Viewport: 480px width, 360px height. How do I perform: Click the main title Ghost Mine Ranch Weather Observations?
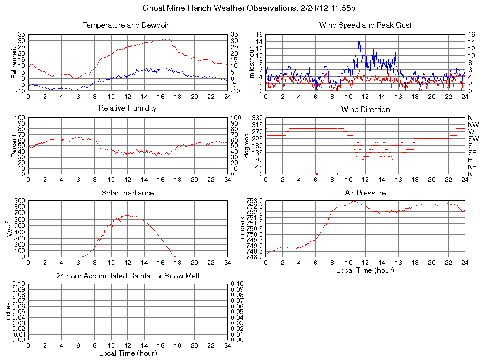[x=252, y=8]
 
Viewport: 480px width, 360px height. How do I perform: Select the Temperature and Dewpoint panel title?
[x=127, y=25]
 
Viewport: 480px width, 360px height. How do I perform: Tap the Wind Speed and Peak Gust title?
[x=365, y=25]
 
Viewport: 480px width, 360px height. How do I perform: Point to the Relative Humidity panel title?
[x=127, y=108]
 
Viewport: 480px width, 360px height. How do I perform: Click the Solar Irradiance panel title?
[x=127, y=193]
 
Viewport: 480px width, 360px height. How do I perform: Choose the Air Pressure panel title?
[x=365, y=193]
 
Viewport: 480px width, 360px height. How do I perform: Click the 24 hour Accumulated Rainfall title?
[x=127, y=276]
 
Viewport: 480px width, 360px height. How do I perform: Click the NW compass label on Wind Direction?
[x=473, y=125]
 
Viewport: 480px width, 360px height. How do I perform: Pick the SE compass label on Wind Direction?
[x=472, y=153]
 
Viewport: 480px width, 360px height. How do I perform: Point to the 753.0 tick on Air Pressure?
[x=255, y=201]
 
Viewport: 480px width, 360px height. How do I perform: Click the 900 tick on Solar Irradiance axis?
[x=19, y=201]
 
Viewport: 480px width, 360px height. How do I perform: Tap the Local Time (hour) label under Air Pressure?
[x=365, y=270]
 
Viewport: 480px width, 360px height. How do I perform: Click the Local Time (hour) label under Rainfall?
[x=127, y=353]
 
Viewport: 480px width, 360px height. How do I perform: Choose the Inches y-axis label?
[x=8, y=312]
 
